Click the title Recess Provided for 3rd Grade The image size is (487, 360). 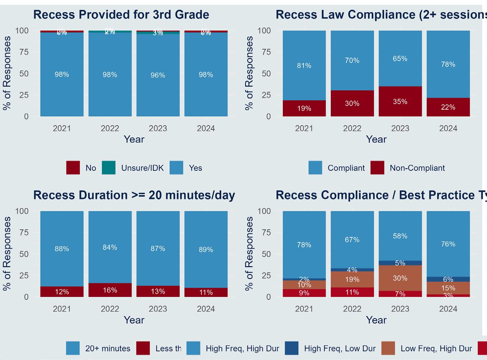121,15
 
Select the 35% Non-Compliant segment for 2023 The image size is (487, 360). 400,102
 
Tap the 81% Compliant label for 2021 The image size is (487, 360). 304,66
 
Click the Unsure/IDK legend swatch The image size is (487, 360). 109,168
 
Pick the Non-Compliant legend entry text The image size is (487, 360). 417,168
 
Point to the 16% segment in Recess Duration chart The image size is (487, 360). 110,290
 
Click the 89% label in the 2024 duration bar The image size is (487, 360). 206,250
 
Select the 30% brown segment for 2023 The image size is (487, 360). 400,278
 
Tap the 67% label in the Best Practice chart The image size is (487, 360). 352,240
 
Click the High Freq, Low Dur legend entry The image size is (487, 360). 340,348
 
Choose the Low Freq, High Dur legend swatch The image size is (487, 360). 388,348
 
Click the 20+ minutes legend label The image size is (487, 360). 108,348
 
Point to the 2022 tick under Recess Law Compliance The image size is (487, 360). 352,128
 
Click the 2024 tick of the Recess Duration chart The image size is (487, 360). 206,309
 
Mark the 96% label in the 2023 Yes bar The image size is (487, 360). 158,75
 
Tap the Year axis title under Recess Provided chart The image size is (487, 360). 134,139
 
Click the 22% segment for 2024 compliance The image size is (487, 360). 448,107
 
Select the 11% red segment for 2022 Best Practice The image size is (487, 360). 352,292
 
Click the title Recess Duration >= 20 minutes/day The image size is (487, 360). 134,195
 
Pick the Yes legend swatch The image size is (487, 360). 176,168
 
